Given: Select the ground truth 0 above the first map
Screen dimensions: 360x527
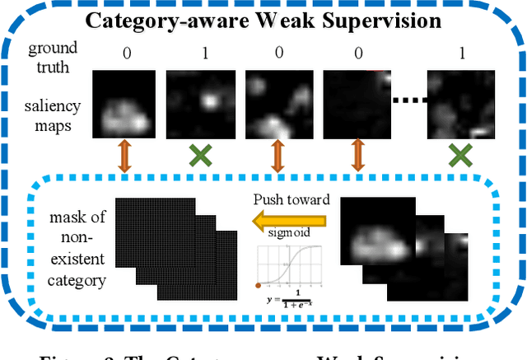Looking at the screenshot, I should point(125,55).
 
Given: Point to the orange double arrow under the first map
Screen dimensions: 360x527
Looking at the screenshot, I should point(124,157).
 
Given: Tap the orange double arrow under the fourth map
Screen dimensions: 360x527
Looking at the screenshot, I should point(358,157).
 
